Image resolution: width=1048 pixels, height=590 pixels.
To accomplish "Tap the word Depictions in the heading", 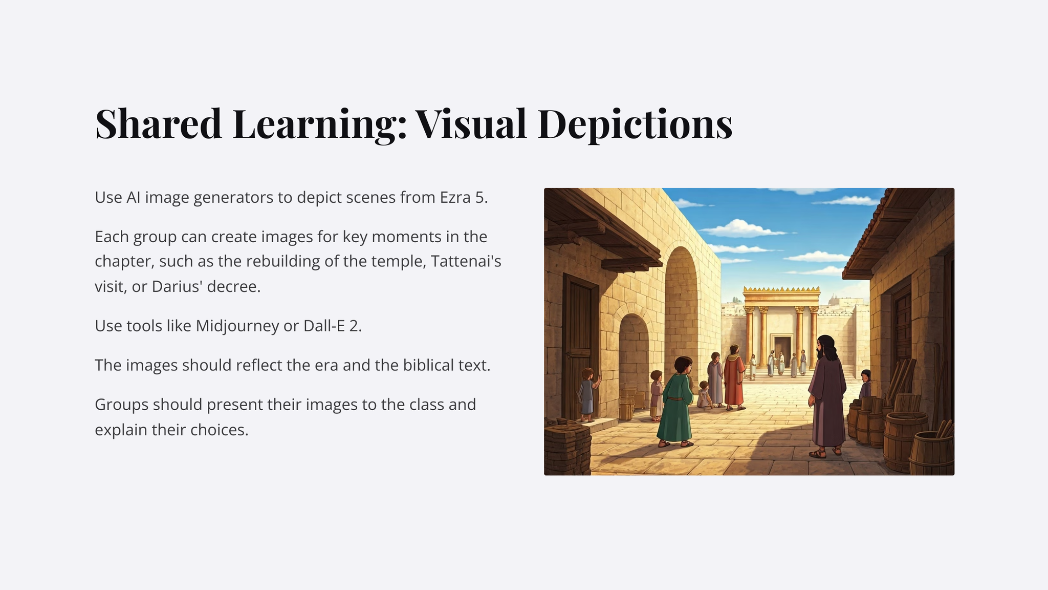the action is pos(635,124).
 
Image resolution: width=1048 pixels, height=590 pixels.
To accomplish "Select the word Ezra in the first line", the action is pos(455,197).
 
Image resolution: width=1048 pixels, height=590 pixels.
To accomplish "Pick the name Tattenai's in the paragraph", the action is pos(466,261).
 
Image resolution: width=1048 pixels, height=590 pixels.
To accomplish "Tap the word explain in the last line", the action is pos(120,430).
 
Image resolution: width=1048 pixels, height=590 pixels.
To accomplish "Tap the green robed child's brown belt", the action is pos(675,398).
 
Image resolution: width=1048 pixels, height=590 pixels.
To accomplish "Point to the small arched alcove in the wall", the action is pos(634,359).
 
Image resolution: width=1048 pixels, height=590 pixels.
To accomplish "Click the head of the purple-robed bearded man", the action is pos(825,347).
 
